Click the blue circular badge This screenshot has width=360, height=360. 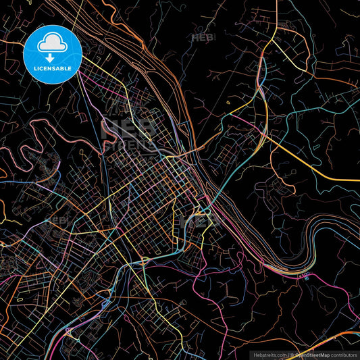pyautogui.click(x=52, y=54)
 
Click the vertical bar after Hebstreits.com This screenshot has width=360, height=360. pyautogui.click(x=287, y=354)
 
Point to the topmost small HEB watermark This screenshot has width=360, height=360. pyautogui.click(x=203, y=38)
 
